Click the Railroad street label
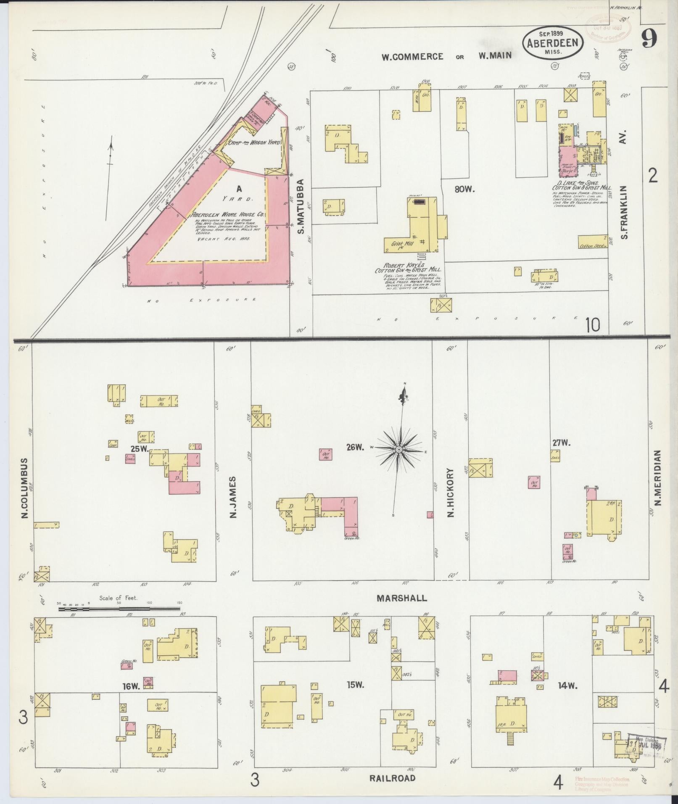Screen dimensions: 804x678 tap(392, 778)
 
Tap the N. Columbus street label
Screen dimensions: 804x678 tap(25, 488)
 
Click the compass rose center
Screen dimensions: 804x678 tap(398, 450)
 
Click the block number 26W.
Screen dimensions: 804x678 tap(355, 447)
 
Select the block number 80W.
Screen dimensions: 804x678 tap(464, 190)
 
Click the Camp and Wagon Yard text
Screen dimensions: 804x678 tap(254, 143)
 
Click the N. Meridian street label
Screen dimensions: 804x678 tap(657, 477)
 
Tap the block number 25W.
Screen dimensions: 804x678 tap(139, 448)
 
